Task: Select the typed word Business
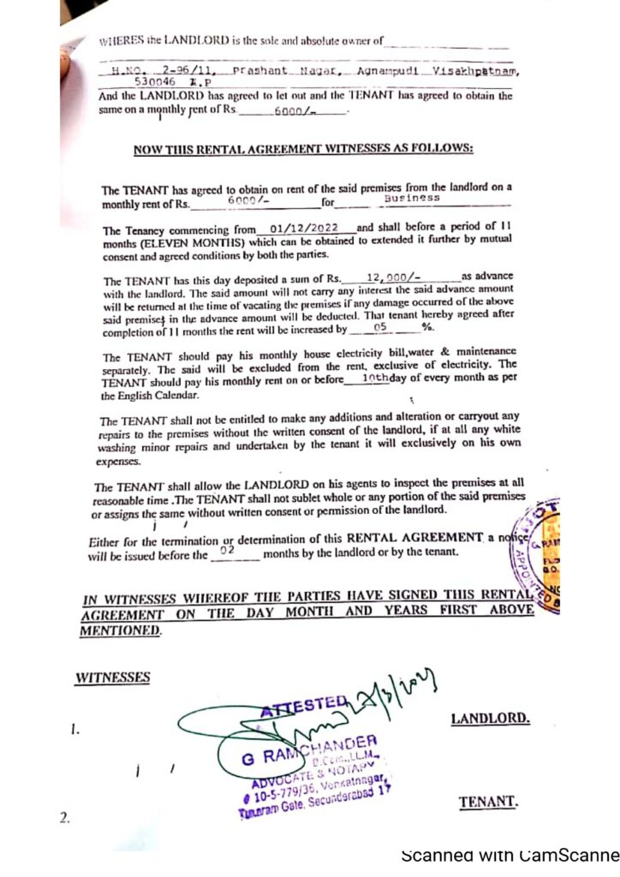point(412,198)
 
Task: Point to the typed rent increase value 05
point(382,327)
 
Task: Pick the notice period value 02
point(227,552)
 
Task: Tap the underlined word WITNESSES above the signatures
point(112,677)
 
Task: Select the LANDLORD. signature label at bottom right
point(490,719)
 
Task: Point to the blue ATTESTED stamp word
point(304,704)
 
